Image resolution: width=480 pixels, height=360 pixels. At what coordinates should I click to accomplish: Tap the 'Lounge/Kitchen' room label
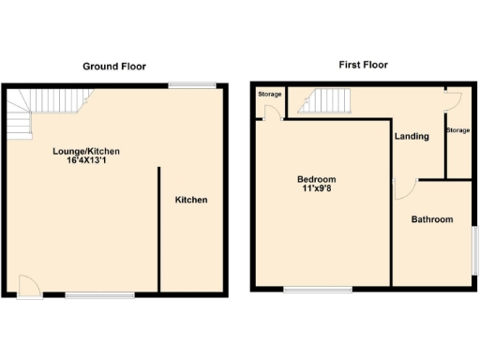tap(85, 151)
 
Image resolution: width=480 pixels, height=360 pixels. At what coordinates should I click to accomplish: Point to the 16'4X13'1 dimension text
tap(85, 161)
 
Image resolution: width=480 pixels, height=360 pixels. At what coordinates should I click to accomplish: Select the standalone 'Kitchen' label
tap(191, 200)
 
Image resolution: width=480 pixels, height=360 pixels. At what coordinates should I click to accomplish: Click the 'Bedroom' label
tap(316, 179)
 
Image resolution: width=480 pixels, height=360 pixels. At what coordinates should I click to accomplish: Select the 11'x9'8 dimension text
tap(316, 189)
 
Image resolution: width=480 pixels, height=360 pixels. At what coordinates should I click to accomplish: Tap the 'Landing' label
tap(412, 136)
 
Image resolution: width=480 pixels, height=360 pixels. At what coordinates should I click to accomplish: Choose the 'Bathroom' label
tap(431, 219)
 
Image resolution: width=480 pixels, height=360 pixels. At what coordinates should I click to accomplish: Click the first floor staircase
tap(328, 99)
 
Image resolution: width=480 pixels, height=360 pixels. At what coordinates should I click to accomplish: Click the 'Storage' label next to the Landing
tap(457, 129)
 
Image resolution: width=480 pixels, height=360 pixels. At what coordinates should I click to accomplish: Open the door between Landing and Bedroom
tap(401, 188)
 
